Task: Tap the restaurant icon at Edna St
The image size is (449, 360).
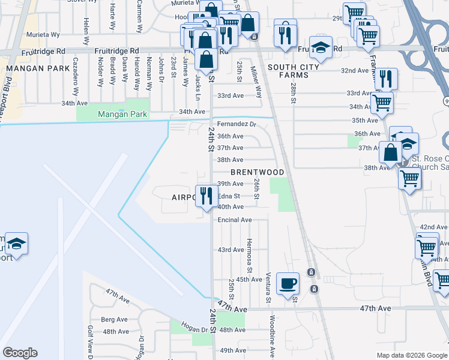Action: [x=206, y=196]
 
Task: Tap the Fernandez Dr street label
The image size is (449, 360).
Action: [x=237, y=124]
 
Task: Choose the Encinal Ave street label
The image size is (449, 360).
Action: [x=235, y=220]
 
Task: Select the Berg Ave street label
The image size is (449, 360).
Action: [x=115, y=319]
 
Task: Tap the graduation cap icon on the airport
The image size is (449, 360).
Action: [x=17, y=244]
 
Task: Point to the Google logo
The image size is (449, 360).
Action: [x=20, y=353]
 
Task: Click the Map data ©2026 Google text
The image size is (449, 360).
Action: [x=411, y=355]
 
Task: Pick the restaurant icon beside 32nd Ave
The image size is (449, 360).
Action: [x=386, y=79]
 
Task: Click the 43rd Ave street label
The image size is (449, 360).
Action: [x=231, y=250]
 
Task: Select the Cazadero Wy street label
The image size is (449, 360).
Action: [x=76, y=77]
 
